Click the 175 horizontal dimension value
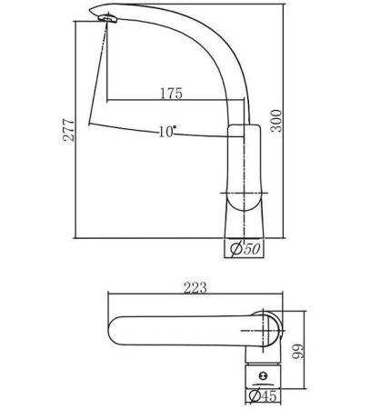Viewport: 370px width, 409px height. (x=170, y=93)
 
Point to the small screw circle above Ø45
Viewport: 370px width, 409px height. (x=265, y=374)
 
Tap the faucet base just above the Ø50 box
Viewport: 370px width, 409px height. (x=243, y=227)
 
